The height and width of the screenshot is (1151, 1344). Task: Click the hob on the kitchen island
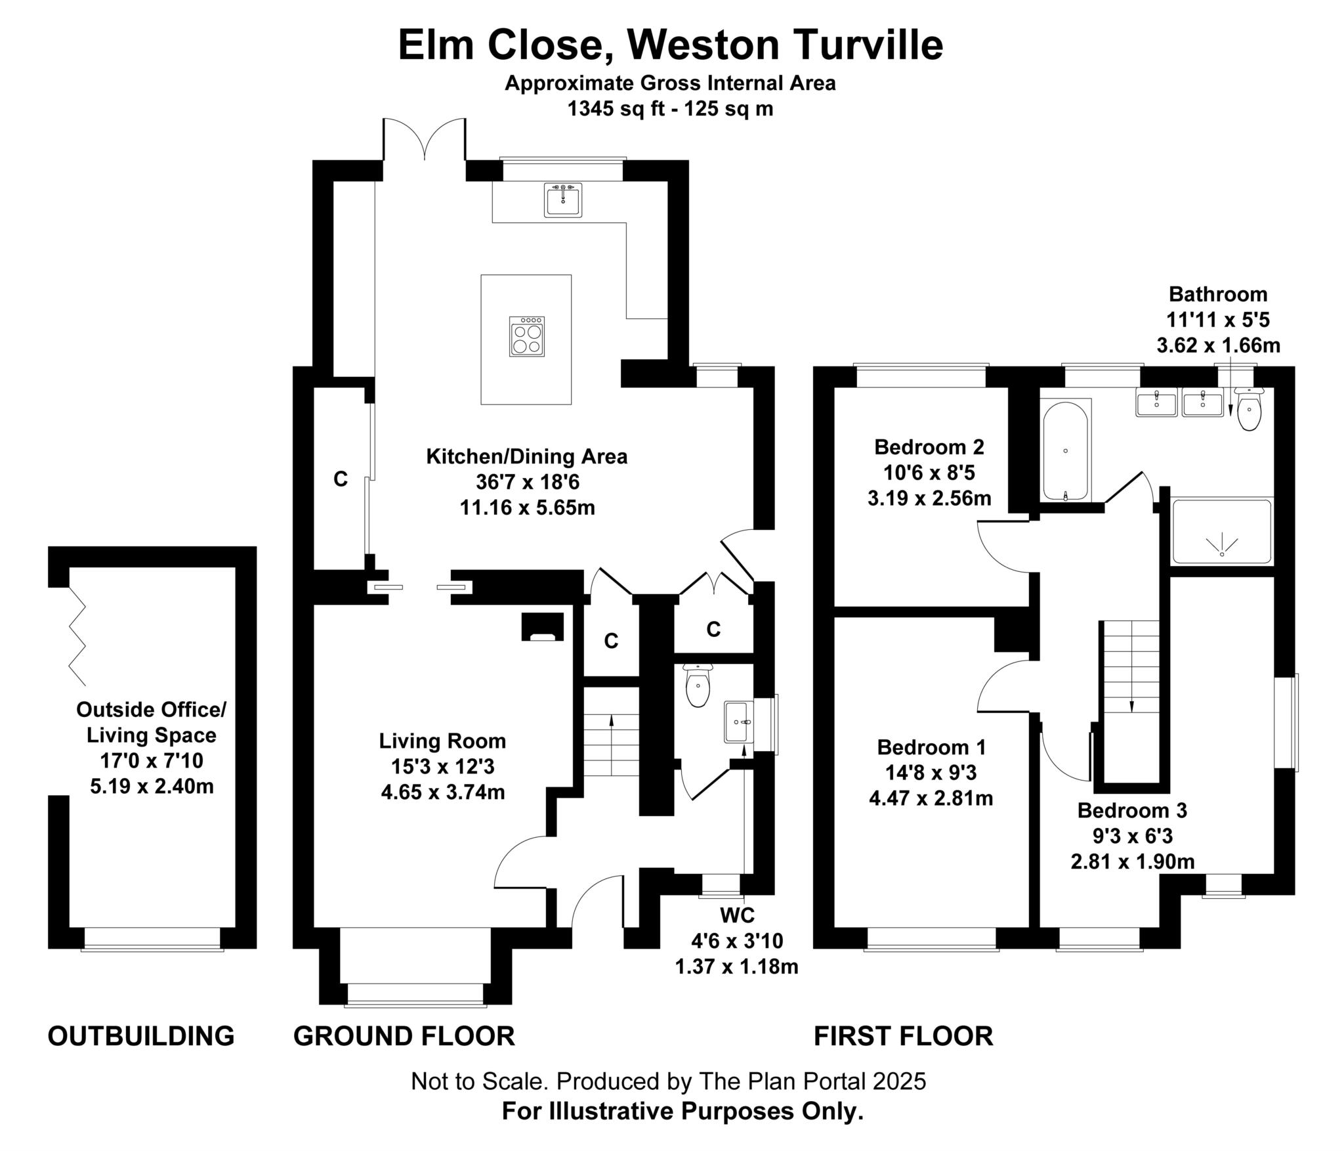[x=526, y=337]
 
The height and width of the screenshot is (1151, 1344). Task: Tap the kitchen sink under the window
[x=563, y=200]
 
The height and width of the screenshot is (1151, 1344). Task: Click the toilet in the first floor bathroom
[x=1249, y=410]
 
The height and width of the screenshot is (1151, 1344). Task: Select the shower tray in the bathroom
[x=1221, y=531]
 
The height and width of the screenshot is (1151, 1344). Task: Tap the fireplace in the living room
[x=542, y=627]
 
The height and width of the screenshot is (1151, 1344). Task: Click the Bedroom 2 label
[x=929, y=447]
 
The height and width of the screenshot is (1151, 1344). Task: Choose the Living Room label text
[x=442, y=741]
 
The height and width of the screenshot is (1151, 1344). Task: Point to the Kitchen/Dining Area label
[x=526, y=456]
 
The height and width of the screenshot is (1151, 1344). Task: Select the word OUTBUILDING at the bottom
[x=141, y=1036]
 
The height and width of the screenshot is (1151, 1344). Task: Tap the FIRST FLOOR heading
[x=903, y=1036]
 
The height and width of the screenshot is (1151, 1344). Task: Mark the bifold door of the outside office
[x=77, y=635]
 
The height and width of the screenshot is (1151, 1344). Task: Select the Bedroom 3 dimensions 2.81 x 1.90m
[x=1132, y=861]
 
